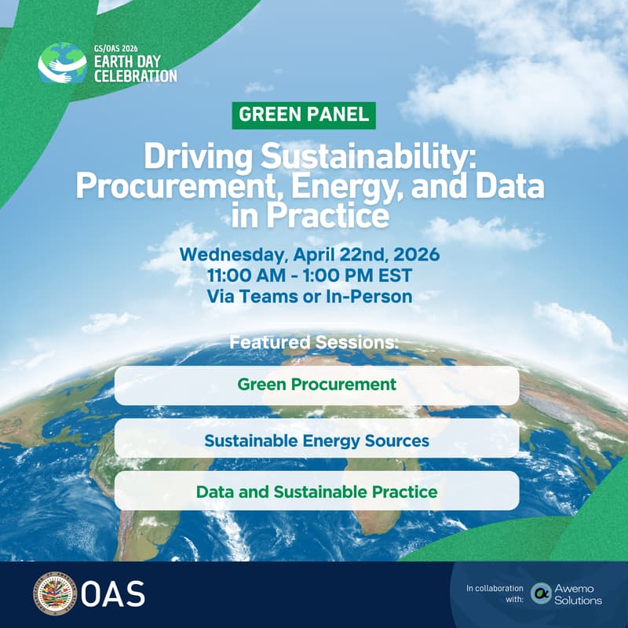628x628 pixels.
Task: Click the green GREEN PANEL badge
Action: tap(304, 114)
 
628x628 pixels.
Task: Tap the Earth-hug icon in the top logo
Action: tap(62, 64)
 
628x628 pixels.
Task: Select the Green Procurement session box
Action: tap(316, 385)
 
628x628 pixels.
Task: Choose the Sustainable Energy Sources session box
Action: tap(316, 440)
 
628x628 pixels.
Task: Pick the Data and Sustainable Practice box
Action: tap(316, 492)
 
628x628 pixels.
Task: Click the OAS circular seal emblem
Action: tap(54, 593)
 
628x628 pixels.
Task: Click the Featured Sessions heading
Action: tap(314, 343)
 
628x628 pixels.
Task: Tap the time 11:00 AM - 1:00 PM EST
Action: tap(309, 276)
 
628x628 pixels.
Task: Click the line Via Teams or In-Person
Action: tap(309, 296)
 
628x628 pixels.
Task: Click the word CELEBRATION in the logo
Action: tap(135, 76)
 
